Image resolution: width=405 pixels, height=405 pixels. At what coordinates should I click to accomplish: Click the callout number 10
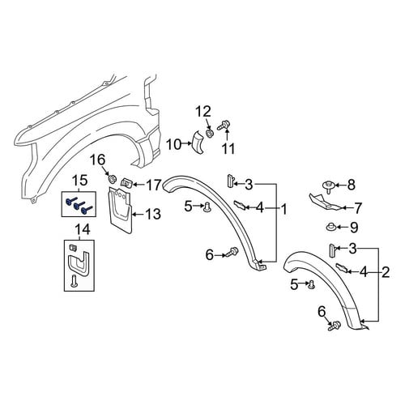tap(173, 144)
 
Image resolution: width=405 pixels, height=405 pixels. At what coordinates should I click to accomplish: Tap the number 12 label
tap(203, 111)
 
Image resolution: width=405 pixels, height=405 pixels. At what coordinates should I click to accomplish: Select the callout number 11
tap(228, 148)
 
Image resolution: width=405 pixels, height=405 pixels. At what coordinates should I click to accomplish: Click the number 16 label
tap(97, 160)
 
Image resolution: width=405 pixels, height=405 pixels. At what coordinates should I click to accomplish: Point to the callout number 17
tap(154, 185)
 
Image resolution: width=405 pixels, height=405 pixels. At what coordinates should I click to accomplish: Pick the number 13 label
tap(153, 214)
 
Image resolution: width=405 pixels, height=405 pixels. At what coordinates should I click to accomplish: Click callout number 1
tap(283, 209)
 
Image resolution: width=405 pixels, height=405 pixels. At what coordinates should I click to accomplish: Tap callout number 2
tap(386, 273)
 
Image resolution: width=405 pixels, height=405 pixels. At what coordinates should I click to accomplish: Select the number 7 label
tap(357, 208)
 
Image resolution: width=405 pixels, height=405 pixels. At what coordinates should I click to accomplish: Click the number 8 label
tap(351, 185)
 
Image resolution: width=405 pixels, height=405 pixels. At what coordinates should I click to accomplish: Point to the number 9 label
tap(354, 228)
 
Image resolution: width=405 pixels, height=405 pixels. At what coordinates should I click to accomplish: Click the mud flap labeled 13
tap(121, 210)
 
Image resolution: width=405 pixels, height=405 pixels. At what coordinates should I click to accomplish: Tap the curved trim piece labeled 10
tap(198, 143)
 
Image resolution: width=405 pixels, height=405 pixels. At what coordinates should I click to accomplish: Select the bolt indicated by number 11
tap(223, 126)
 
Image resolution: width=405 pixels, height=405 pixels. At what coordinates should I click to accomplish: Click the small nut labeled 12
tap(210, 133)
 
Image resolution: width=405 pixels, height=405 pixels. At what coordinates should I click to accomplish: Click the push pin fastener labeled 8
tap(329, 187)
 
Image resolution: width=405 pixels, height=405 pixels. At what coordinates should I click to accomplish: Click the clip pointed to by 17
tap(126, 183)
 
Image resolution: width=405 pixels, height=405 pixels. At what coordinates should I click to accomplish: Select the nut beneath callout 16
tap(112, 179)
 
